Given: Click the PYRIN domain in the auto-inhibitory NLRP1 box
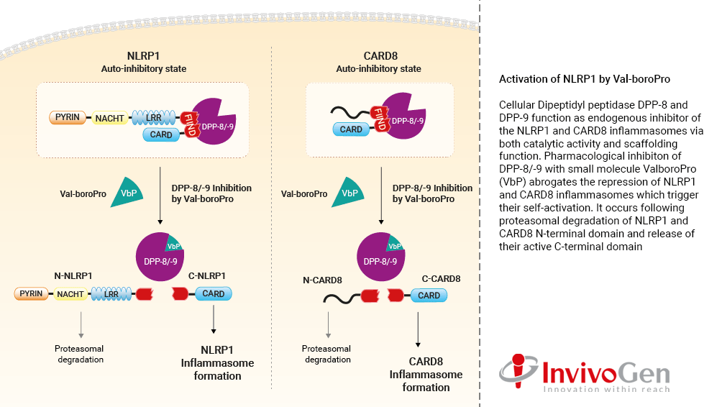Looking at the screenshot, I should [65, 116].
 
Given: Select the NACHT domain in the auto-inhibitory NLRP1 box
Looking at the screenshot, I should [109, 116].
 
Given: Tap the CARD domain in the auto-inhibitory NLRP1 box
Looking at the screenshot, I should [161, 134].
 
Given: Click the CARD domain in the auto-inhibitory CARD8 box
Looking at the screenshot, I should [351, 129].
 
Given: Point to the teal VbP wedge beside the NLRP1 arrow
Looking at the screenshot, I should [127, 193].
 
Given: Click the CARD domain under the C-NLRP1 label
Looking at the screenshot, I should [214, 293].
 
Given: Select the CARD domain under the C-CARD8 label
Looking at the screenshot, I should [429, 296].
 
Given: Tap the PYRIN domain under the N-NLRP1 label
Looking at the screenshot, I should [31, 293].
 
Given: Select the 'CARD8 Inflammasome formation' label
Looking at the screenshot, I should [426, 374].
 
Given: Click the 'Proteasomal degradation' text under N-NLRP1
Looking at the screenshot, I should [81, 354].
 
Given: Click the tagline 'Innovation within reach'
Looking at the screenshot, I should [606, 389].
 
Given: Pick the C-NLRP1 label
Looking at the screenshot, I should [206, 275].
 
